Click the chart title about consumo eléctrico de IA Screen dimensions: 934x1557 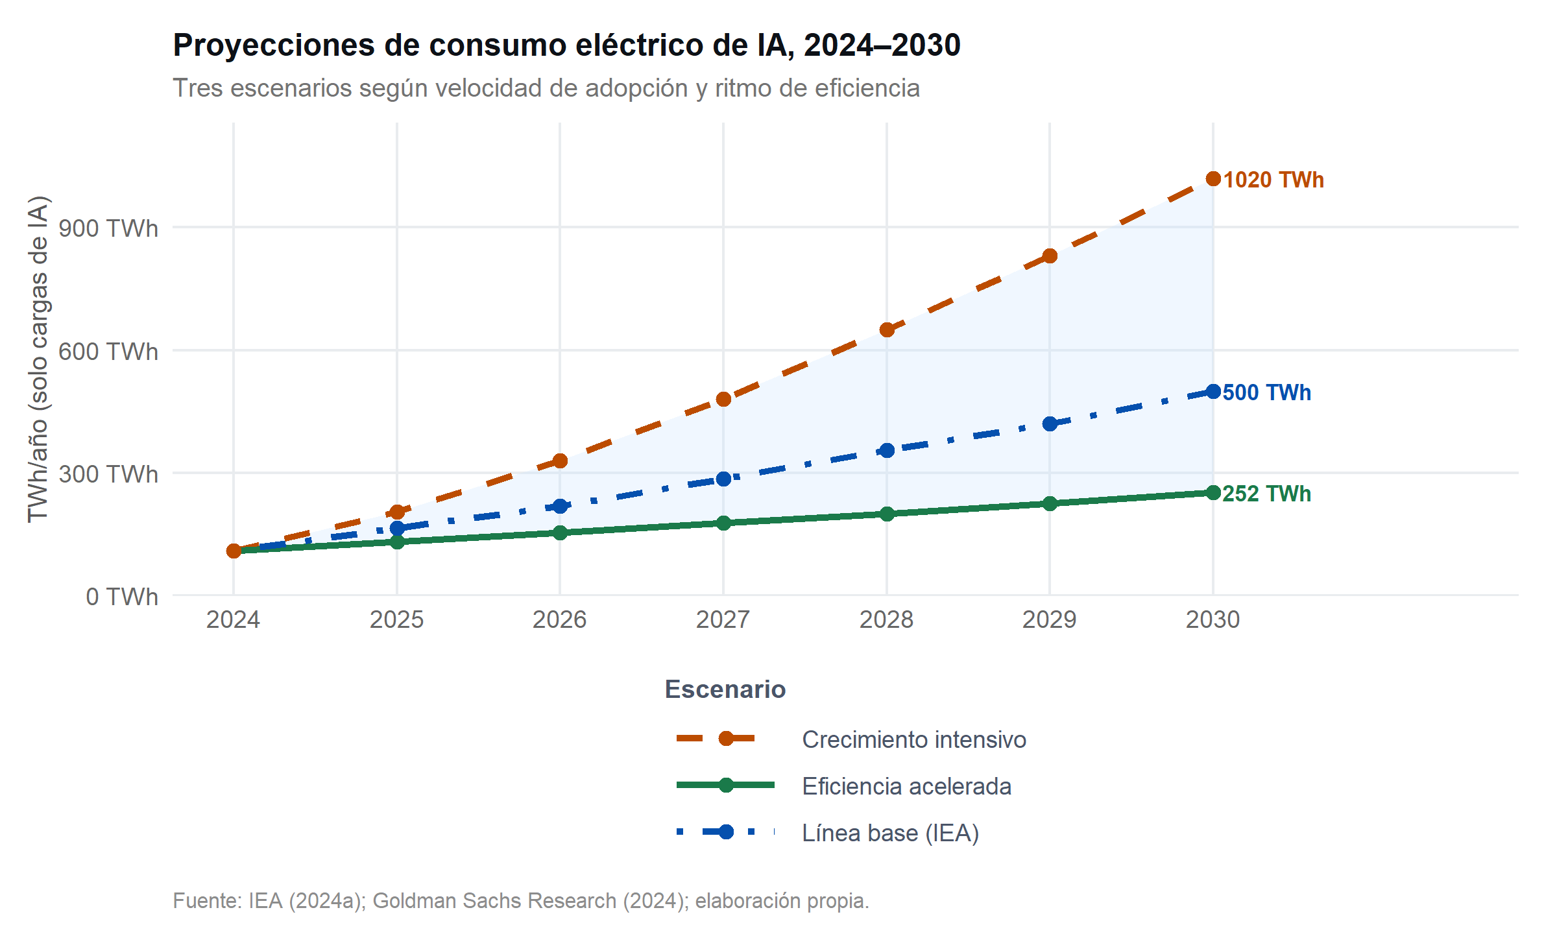tap(566, 45)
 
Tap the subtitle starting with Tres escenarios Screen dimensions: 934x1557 tap(546, 88)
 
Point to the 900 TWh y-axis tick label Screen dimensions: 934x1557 tap(108, 228)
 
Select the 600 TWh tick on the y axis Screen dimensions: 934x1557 tap(108, 352)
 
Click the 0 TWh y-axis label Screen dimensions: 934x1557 tap(121, 596)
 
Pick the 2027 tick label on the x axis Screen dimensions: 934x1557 tap(723, 619)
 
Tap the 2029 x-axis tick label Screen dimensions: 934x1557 tap(1049, 619)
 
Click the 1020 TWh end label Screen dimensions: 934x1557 tap(1273, 180)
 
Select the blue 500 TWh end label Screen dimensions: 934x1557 tap(1266, 392)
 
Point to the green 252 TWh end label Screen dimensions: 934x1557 tap(1266, 494)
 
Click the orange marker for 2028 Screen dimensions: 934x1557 tap(887, 329)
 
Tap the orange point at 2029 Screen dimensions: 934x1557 tap(1050, 256)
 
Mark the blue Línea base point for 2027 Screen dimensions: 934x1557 tap(723, 479)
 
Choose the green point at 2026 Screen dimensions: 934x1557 tap(560, 533)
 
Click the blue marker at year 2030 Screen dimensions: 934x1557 tap(1213, 391)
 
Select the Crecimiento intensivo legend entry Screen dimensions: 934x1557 tap(913, 739)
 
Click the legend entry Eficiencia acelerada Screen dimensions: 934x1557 tap(906, 786)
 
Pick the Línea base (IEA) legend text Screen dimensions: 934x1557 tap(890, 833)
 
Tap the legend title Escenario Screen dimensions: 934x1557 tap(725, 689)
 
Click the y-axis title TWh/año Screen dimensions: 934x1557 tap(38, 359)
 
